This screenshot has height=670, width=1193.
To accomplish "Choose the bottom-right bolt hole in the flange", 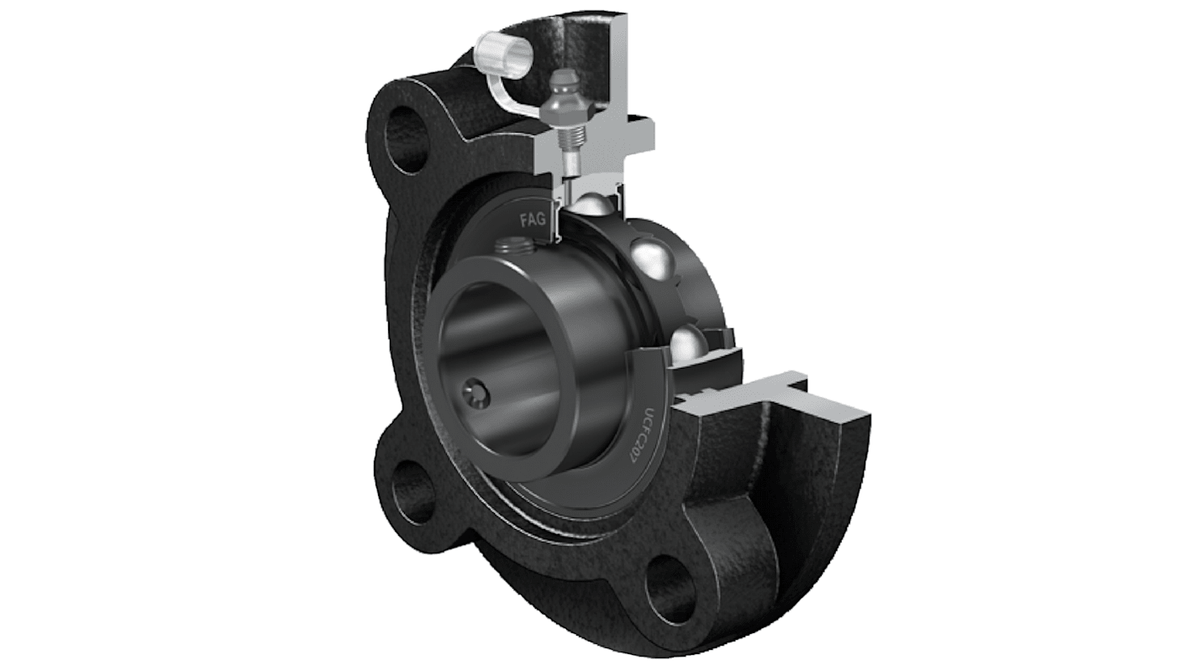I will pyautogui.click(x=670, y=578).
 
